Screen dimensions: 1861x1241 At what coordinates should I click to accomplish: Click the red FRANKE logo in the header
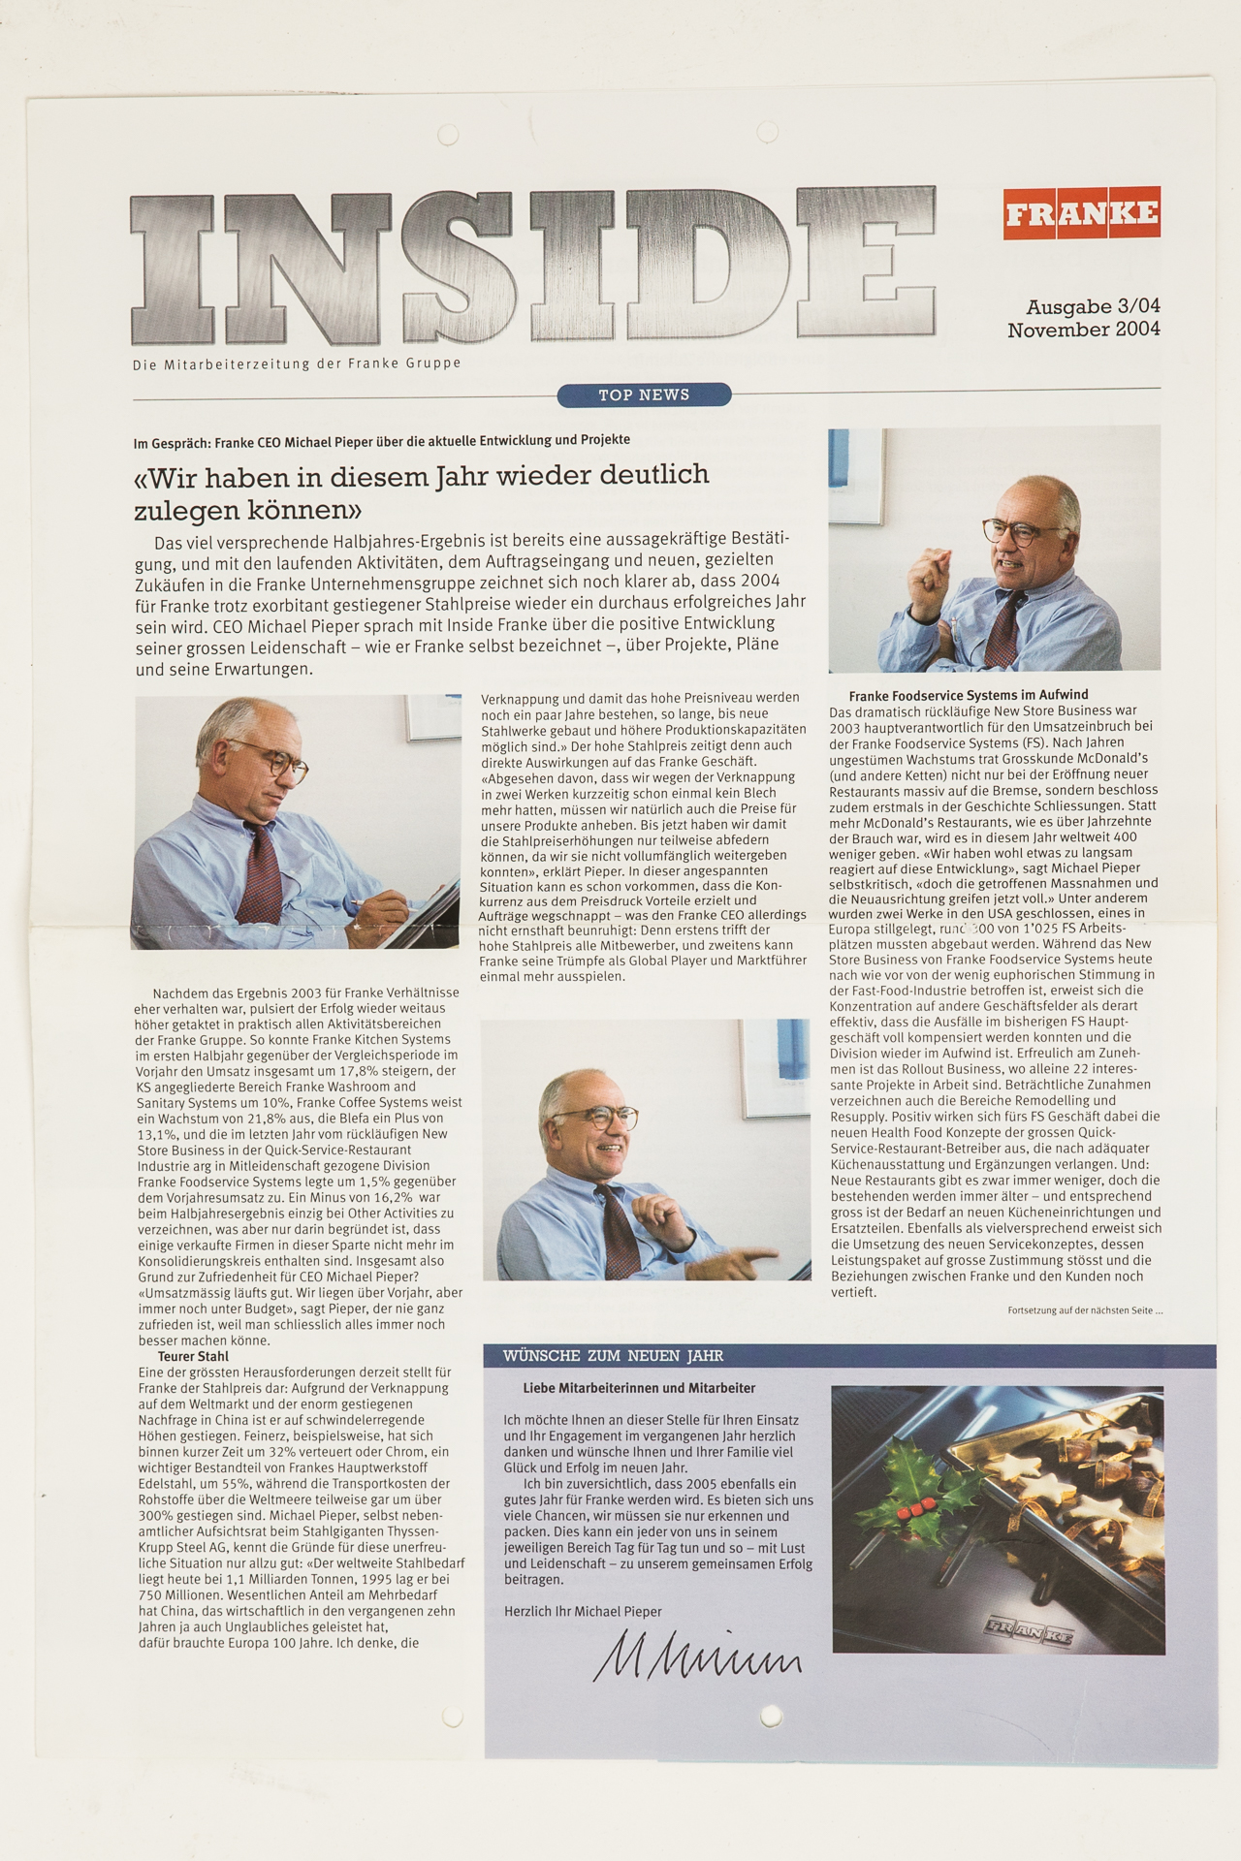pyautogui.click(x=1081, y=212)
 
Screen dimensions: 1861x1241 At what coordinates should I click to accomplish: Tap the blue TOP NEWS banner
pyautogui.click(x=644, y=394)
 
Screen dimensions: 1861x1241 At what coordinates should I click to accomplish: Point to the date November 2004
pyautogui.click(x=1083, y=330)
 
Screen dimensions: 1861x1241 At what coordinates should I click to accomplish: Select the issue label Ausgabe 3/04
pyautogui.click(x=1093, y=306)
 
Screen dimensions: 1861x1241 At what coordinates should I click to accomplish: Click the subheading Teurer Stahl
pyautogui.click(x=193, y=1356)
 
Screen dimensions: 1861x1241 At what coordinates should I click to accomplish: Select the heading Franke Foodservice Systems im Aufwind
pyautogui.click(x=968, y=695)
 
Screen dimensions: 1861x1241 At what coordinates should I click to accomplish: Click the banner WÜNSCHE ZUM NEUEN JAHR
pyautogui.click(x=613, y=1355)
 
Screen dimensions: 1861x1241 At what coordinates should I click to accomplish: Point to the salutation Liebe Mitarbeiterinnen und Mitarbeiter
pyautogui.click(x=639, y=1388)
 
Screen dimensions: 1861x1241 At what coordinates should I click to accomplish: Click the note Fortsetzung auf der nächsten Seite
pyautogui.click(x=1084, y=1310)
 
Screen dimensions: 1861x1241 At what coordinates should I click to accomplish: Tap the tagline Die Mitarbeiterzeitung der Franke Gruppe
pyautogui.click(x=297, y=363)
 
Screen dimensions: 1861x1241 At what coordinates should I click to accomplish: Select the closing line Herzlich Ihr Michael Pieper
pyautogui.click(x=583, y=1611)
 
